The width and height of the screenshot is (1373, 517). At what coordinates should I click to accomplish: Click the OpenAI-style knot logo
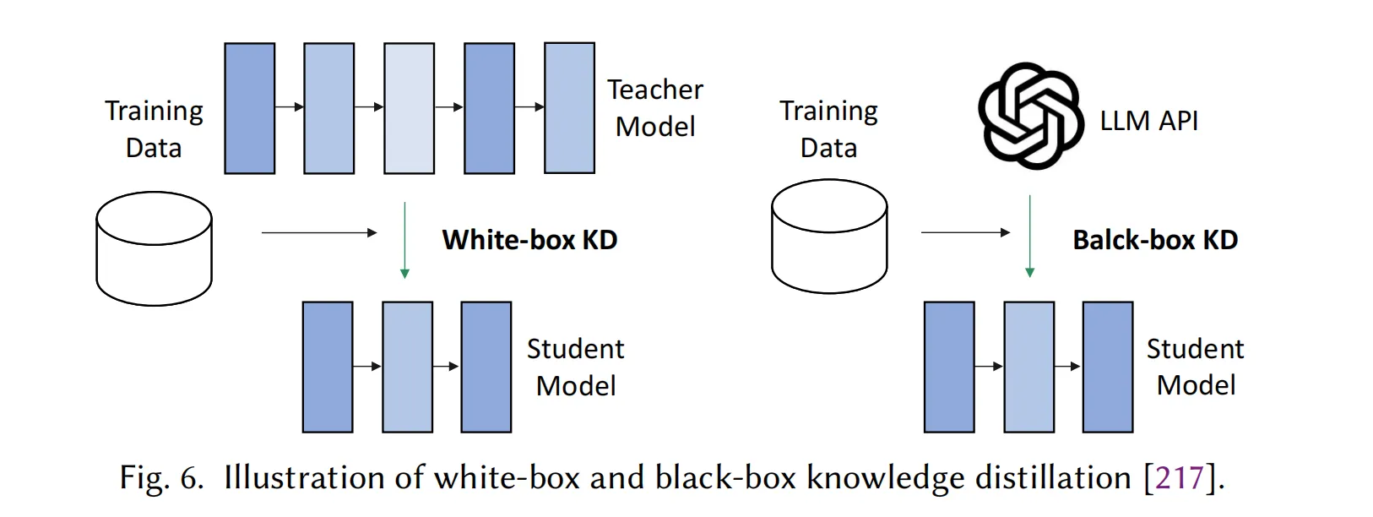[1030, 116]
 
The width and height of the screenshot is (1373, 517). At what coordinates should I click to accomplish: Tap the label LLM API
[1148, 121]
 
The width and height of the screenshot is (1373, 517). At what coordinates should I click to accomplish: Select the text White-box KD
[529, 240]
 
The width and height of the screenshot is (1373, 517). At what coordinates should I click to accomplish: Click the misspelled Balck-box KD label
[1154, 240]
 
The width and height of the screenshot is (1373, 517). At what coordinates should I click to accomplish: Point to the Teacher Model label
[655, 107]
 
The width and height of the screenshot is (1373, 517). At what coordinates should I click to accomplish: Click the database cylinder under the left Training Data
[154, 248]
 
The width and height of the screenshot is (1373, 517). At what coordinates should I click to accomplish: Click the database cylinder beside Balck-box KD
[829, 237]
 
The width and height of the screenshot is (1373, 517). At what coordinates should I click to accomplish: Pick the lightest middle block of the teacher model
[409, 108]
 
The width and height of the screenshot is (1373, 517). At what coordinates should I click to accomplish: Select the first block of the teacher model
[249, 108]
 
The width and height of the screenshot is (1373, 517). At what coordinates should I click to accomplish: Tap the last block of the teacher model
[569, 108]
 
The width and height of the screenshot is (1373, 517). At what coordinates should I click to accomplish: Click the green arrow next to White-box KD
[404, 240]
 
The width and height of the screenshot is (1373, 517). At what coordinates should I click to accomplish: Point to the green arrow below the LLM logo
[1029, 237]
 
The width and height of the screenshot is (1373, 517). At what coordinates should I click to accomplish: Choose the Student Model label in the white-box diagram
[576, 367]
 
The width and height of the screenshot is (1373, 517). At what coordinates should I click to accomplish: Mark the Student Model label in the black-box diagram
[1195, 367]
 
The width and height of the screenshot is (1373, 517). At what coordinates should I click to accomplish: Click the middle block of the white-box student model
[407, 367]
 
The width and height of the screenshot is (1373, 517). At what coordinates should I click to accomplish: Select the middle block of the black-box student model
[1028, 367]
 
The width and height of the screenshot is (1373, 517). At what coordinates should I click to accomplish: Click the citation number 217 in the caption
[1179, 478]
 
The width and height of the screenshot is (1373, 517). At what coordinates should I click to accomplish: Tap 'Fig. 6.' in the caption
[160, 478]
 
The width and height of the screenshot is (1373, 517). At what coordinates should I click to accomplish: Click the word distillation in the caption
[1053, 478]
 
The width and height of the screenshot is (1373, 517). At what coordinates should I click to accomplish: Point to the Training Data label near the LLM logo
[828, 128]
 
